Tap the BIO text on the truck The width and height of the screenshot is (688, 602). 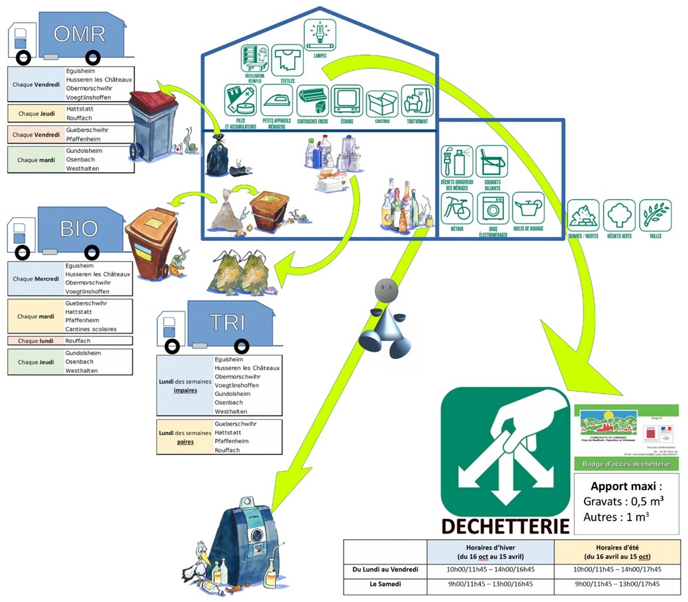point(79,228)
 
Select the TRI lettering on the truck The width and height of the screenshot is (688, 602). point(227,323)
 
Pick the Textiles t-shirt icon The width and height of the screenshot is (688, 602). point(287,60)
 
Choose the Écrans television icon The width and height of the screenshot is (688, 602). point(346,101)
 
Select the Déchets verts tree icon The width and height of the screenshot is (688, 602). point(618,215)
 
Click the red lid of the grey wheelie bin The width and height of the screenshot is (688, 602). point(157,97)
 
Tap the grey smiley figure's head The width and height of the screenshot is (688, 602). point(386,290)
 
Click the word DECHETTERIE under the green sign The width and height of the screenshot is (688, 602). point(505,526)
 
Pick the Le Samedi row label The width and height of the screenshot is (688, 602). point(385,585)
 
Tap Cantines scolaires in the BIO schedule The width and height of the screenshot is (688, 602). point(91,329)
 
